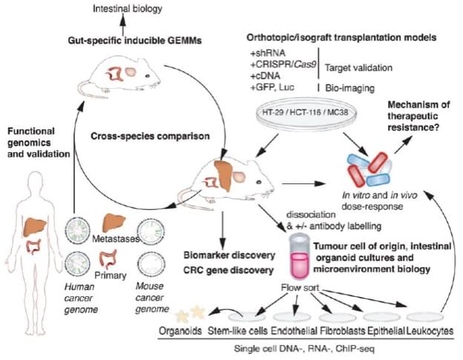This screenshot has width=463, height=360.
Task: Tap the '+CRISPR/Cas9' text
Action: tap(283, 66)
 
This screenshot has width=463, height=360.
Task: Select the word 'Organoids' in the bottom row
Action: tap(181, 331)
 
